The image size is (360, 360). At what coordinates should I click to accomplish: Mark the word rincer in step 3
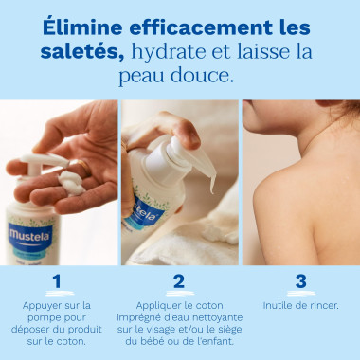321,305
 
